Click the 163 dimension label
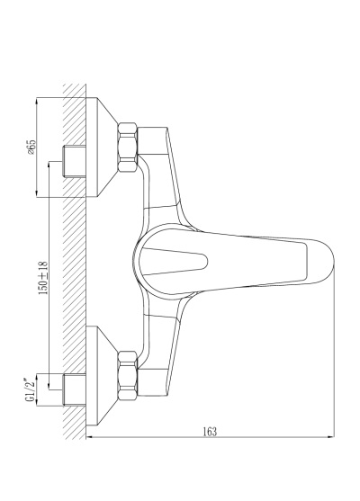[210, 432]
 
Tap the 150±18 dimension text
[43, 278]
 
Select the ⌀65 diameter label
[31, 147]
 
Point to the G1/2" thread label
[31, 390]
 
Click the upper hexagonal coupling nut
[128, 147]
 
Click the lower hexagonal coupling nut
[128, 376]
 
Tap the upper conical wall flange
[102, 147]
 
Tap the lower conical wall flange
[102, 376]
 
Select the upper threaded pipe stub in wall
[75, 161]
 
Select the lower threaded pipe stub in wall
[75, 389]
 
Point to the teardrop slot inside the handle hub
[175, 262]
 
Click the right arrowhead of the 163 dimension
[332, 437]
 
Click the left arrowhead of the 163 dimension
[89, 437]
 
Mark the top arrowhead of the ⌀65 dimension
[37, 101]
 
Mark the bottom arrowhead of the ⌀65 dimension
[37, 194]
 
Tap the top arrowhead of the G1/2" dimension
[37, 377]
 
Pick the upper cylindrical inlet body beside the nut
[153, 141]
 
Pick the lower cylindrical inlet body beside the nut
[153, 382]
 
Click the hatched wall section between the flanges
[75, 262]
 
